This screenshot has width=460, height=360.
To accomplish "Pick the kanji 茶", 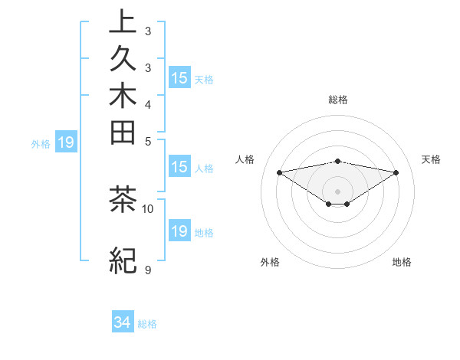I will click(123, 201).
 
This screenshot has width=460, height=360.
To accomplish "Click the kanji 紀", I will click(123, 260).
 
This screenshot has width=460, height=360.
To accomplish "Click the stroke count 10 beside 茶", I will click(148, 208).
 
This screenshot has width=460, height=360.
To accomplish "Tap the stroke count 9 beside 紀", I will click(147, 270).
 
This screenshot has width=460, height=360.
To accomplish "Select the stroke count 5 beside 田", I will click(147, 141).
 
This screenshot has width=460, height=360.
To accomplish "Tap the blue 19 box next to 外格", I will click(66, 142).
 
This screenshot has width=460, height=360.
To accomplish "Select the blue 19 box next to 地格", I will click(179, 232).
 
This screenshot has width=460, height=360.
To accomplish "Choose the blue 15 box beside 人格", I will click(179, 168).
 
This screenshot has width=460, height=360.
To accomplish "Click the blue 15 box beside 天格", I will click(179, 77).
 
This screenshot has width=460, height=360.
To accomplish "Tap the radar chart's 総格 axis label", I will click(338, 100).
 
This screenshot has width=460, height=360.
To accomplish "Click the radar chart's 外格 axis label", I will click(270, 262).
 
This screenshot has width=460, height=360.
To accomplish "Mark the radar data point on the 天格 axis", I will click(396, 172).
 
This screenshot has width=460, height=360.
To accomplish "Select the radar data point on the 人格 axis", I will click(280, 172).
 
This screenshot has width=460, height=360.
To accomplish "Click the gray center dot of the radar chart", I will click(338, 191).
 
